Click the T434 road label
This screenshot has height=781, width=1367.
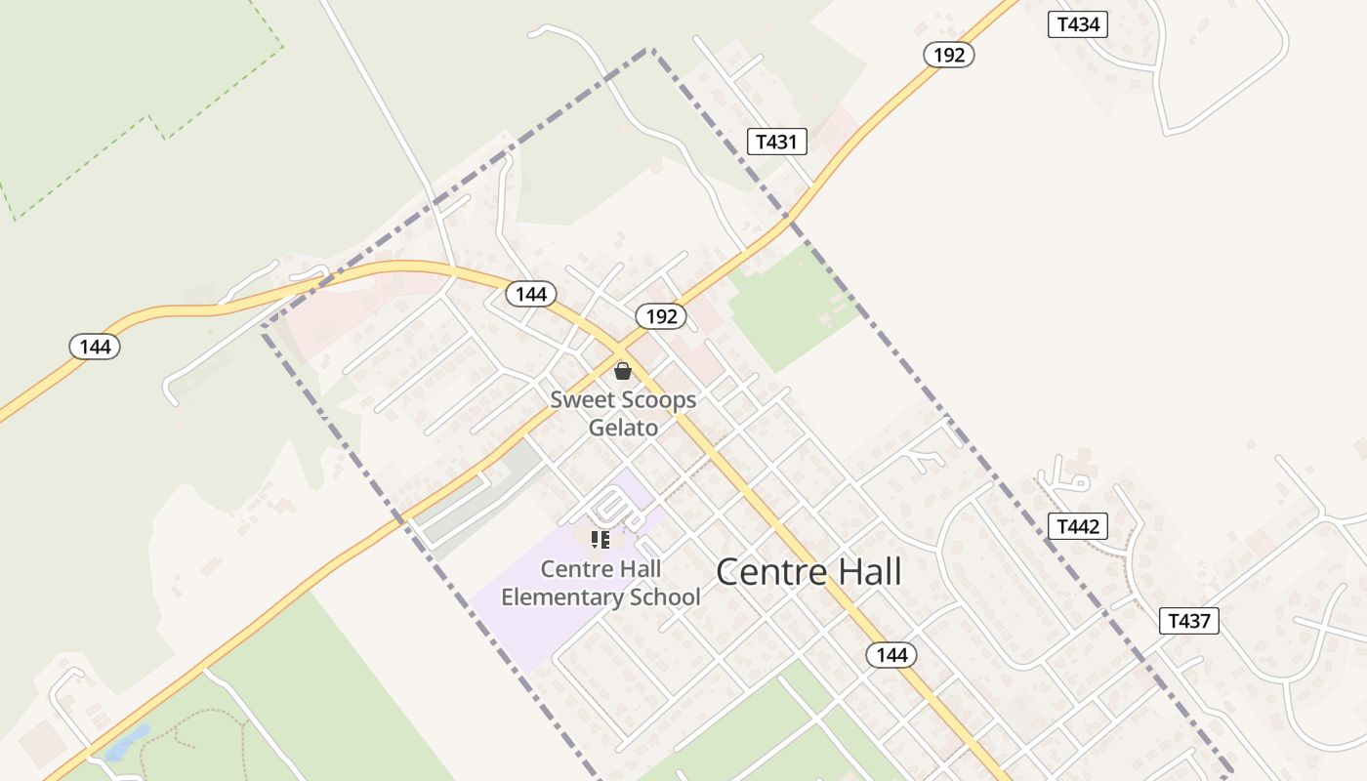pos(1078,24)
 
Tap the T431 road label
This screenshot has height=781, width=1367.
pos(777,142)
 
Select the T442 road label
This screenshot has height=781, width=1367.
pos(1078,527)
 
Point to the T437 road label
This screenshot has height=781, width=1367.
pos(1189,620)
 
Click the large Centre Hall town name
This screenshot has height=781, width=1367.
pos(808,572)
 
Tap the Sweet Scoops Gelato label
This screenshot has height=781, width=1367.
pos(623,413)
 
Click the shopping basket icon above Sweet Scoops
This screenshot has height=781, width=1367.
pos(623,371)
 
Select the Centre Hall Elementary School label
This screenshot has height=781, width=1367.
pos(601,583)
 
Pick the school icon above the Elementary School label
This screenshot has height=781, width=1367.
pos(601,539)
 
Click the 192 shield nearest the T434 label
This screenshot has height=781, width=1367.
pos(948,55)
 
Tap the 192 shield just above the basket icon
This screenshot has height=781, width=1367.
pos(661,316)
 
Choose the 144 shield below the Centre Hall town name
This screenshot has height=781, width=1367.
pos(891,655)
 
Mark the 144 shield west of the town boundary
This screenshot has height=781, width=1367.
pos(95,347)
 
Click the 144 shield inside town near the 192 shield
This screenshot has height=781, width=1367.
pos(531,294)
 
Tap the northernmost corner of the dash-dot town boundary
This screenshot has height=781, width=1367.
pos(650,49)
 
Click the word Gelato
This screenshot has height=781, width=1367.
pos(623,428)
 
